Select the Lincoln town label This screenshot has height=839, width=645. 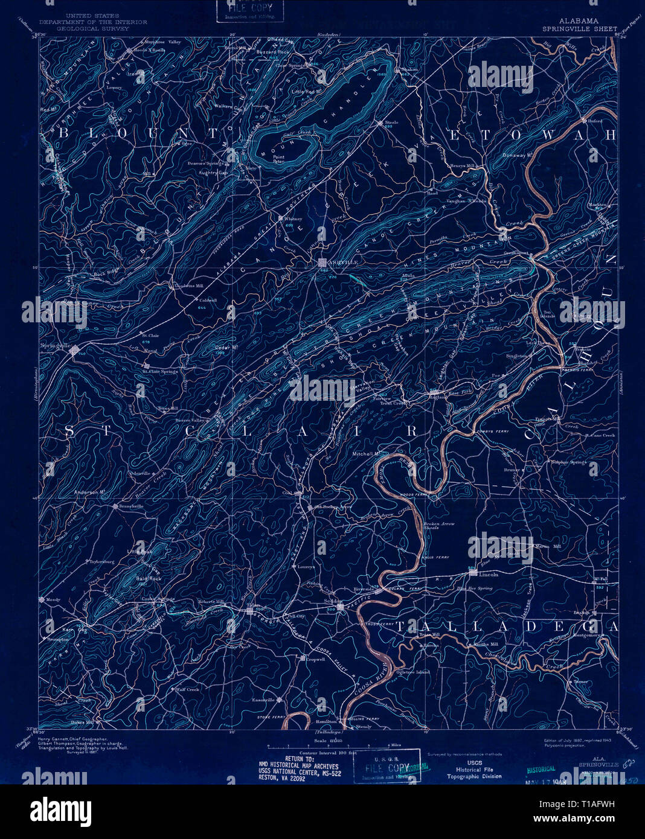pyautogui.click(x=489, y=574)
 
